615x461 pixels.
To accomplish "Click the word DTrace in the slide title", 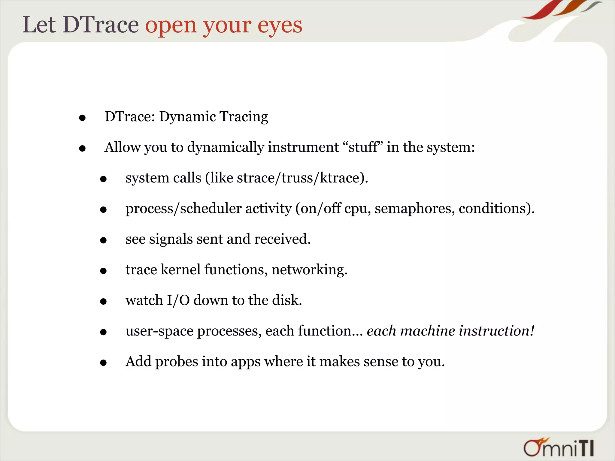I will point(101,25).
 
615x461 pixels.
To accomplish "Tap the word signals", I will point(171,239).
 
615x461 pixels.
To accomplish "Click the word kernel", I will point(180,270).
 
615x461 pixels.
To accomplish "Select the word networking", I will point(309,270).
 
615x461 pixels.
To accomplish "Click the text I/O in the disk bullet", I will point(178,300).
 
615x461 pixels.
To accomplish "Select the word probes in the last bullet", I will point(177,362).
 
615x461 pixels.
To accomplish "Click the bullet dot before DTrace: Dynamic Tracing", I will point(82,118).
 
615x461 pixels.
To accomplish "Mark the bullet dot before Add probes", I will point(103,363).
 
